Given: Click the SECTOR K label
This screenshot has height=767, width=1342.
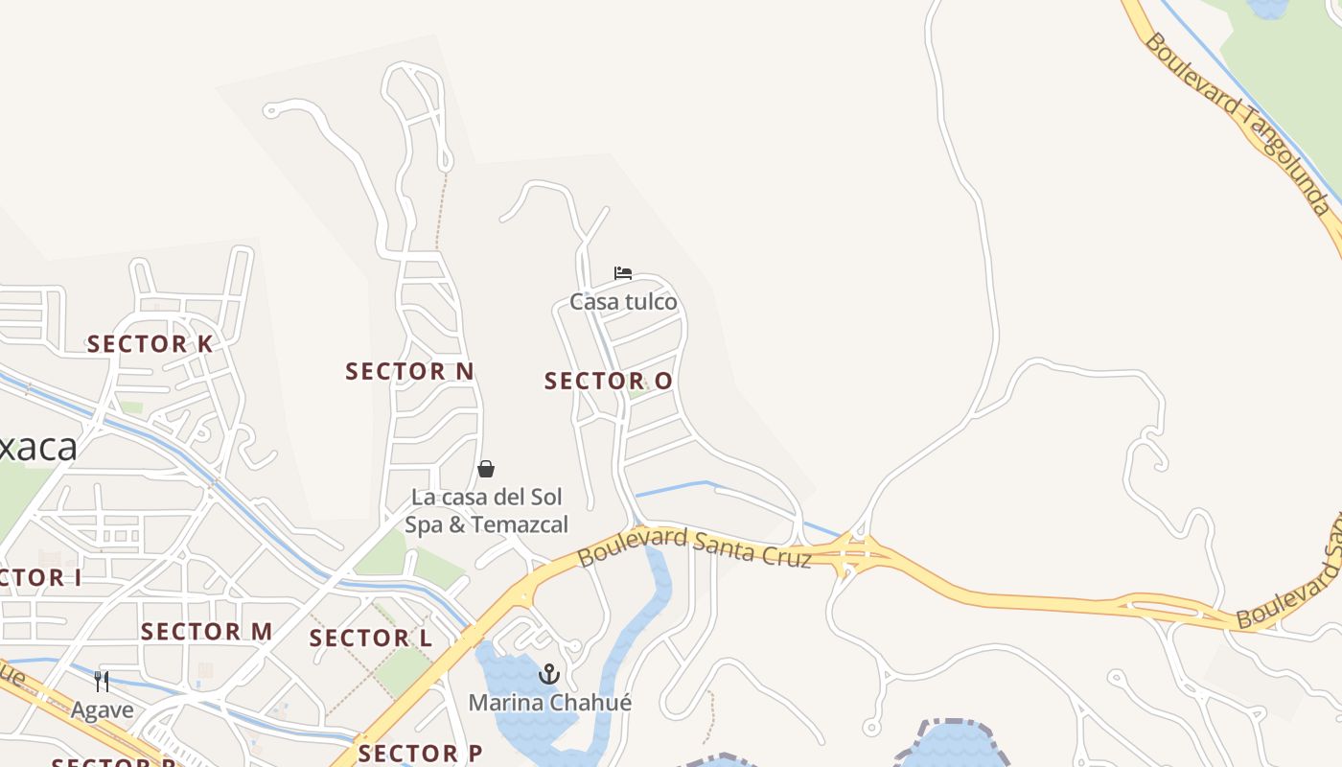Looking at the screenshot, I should (150, 343).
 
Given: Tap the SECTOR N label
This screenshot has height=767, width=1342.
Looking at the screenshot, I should (409, 371).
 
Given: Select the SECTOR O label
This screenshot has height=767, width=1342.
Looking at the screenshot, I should (609, 381).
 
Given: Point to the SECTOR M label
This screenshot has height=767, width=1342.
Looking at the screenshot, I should (207, 632).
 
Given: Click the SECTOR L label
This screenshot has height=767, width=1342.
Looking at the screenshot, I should (371, 638).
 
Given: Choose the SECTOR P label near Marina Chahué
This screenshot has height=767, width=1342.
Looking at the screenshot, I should (420, 753).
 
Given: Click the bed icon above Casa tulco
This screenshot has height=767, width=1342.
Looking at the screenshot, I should (623, 273).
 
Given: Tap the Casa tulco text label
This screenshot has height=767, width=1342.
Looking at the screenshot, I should (623, 302).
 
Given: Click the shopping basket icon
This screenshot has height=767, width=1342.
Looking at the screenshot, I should (486, 469).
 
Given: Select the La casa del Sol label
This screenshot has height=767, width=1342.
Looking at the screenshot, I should (487, 498).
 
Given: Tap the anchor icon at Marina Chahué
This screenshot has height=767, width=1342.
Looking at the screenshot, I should (549, 674).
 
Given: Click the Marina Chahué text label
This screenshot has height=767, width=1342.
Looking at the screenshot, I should (550, 703).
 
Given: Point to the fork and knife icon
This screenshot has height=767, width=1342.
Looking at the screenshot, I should (102, 682).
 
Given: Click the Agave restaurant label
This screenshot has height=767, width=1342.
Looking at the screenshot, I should (102, 710).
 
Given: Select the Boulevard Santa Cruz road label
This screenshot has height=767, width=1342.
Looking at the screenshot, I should (694, 546).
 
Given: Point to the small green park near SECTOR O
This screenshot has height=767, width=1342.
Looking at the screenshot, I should (637, 393).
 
